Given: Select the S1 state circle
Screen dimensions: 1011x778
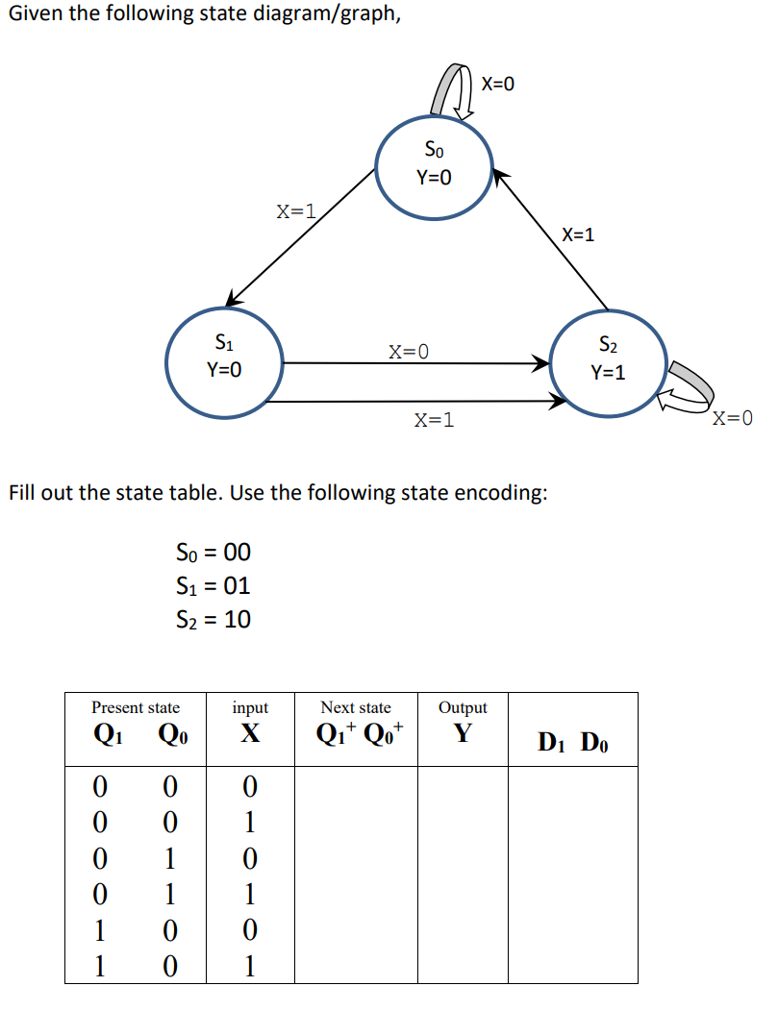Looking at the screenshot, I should pyautogui.click(x=224, y=357).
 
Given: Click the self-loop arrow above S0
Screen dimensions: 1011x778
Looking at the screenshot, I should pyautogui.click(x=453, y=92).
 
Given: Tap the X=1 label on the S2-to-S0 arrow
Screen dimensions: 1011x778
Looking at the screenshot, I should pyautogui.click(x=578, y=234).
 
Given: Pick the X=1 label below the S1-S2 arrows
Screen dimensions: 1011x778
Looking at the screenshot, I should pyautogui.click(x=434, y=420).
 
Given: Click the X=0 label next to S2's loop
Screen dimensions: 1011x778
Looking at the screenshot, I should pyautogui.click(x=733, y=418).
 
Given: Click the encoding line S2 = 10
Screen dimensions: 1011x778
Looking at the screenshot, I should pyautogui.click(x=213, y=620).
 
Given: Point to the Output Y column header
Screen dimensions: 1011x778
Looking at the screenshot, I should pyautogui.click(x=463, y=721).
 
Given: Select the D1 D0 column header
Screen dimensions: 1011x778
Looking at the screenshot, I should pyautogui.click(x=573, y=742).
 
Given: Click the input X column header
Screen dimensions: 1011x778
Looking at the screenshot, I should pyautogui.click(x=250, y=721).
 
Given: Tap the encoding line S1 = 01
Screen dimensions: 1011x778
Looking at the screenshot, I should pyautogui.click(x=213, y=585).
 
